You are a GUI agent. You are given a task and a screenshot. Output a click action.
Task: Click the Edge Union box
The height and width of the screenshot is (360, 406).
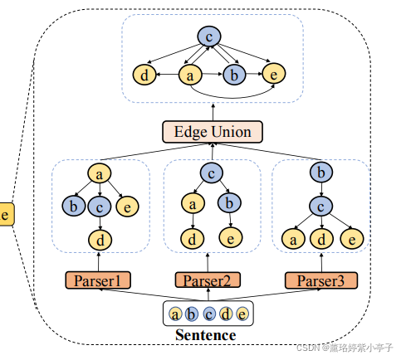[x=212, y=131]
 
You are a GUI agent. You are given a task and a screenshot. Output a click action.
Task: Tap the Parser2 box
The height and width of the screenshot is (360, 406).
[x=208, y=280]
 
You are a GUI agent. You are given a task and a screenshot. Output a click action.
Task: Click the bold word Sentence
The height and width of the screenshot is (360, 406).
[x=206, y=335]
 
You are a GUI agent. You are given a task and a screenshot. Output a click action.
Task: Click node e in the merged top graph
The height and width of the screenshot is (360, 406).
[x=275, y=75]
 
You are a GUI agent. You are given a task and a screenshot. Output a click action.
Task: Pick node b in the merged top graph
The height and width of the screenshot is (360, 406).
[x=234, y=75]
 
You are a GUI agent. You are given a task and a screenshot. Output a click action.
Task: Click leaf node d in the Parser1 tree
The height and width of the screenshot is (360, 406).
[x=100, y=241]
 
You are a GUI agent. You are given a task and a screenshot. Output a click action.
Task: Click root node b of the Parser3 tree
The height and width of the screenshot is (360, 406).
[x=320, y=173]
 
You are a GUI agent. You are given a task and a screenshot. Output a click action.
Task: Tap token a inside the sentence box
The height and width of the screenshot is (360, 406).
[x=175, y=314]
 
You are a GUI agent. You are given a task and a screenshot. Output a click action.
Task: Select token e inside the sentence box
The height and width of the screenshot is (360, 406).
[x=242, y=314]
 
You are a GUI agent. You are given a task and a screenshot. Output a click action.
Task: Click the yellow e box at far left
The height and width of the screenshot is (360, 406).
[x=7, y=215]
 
